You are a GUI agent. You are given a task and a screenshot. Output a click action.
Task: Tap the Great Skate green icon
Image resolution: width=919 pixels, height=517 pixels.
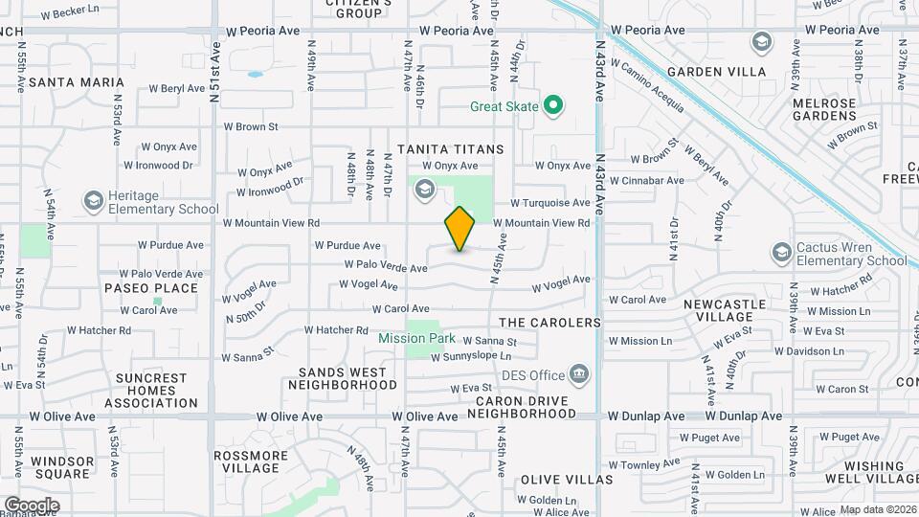552,105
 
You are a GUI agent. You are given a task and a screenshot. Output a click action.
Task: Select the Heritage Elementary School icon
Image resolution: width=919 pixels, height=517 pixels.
93,200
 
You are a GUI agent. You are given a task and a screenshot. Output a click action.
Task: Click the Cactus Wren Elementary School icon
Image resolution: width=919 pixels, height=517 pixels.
780,252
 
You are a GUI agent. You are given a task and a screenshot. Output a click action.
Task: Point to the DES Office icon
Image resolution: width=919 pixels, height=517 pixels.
579,373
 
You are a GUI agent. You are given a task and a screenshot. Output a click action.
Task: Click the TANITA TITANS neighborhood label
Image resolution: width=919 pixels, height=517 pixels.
450,149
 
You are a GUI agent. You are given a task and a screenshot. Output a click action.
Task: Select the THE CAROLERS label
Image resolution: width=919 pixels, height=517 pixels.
549,323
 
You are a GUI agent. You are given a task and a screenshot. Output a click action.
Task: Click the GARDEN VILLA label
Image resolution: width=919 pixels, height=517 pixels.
716,72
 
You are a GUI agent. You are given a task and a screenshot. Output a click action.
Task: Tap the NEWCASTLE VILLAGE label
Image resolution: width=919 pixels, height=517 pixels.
725,310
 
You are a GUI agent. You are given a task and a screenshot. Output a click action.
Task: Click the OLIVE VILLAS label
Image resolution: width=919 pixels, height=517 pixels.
567,479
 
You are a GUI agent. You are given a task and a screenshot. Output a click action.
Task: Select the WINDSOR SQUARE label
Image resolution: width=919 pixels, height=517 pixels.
62,467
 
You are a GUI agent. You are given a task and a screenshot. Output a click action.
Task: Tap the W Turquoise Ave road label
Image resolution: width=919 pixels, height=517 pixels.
549,203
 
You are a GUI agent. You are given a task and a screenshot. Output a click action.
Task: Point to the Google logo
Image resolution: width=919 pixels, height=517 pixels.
32,505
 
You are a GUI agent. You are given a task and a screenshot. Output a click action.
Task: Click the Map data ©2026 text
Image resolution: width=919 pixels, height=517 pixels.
877,509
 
